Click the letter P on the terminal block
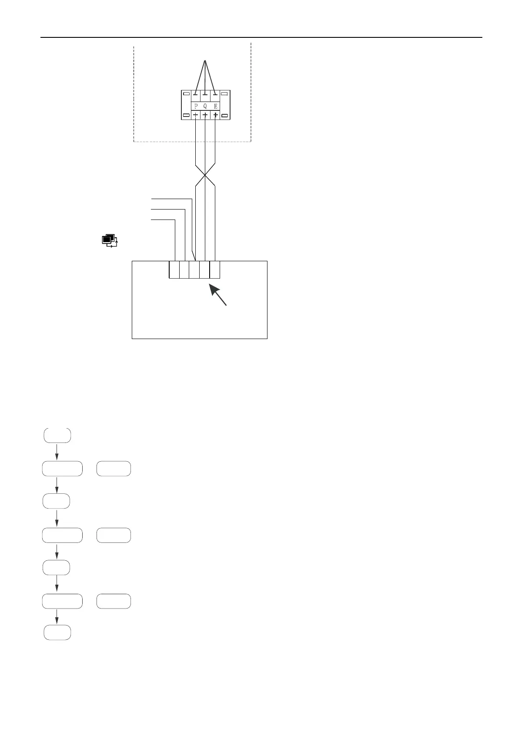pyautogui.click(x=196, y=106)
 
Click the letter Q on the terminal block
pyautogui.click(x=205, y=106)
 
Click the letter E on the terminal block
pyautogui.click(x=215, y=106)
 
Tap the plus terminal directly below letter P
pyautogui.click(x=196, y=115)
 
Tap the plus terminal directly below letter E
pyautogui.click(x=215, y=115)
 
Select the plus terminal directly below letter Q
pyautogui.click(x=205, y=115)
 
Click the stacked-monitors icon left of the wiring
pyautogui.click(x=110, y=240)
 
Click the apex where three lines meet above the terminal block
pyautogui.click(x=205, y=60)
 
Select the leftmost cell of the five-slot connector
pyautogui.click(x=174, y=270)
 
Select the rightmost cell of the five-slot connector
pyautogui.click(x=215, y=270)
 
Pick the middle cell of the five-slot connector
pyautogui.click(x=194, y=270)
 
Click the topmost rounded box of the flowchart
pyautogui.click(x=57, y=436)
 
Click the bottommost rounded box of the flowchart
pyautogui.click(x=57, y=632)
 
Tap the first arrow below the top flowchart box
pyautogui.click(x=57, y=452)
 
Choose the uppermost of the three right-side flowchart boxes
pyautogui.click(x=114, y=469)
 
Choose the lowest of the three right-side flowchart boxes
pyautogui.click(x=114, y=601)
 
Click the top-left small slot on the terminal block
pyautogui.click(x=186, y=93)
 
